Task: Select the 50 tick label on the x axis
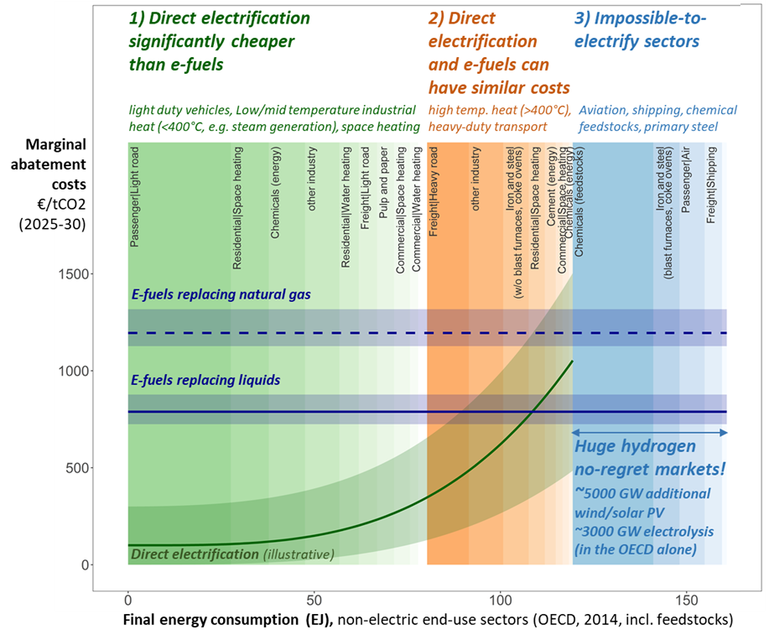pos(314,601)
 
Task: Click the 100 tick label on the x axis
pos(500,601)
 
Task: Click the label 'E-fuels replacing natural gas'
pos(221,294)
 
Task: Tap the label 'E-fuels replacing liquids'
pos(205,381)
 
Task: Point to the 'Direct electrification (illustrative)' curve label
pos(232,554)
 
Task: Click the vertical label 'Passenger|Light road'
pos(134,198)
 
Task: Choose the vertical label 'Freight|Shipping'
pos(711,185)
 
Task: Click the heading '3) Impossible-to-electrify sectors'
pos(642,29)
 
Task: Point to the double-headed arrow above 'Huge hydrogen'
pos(649,432)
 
